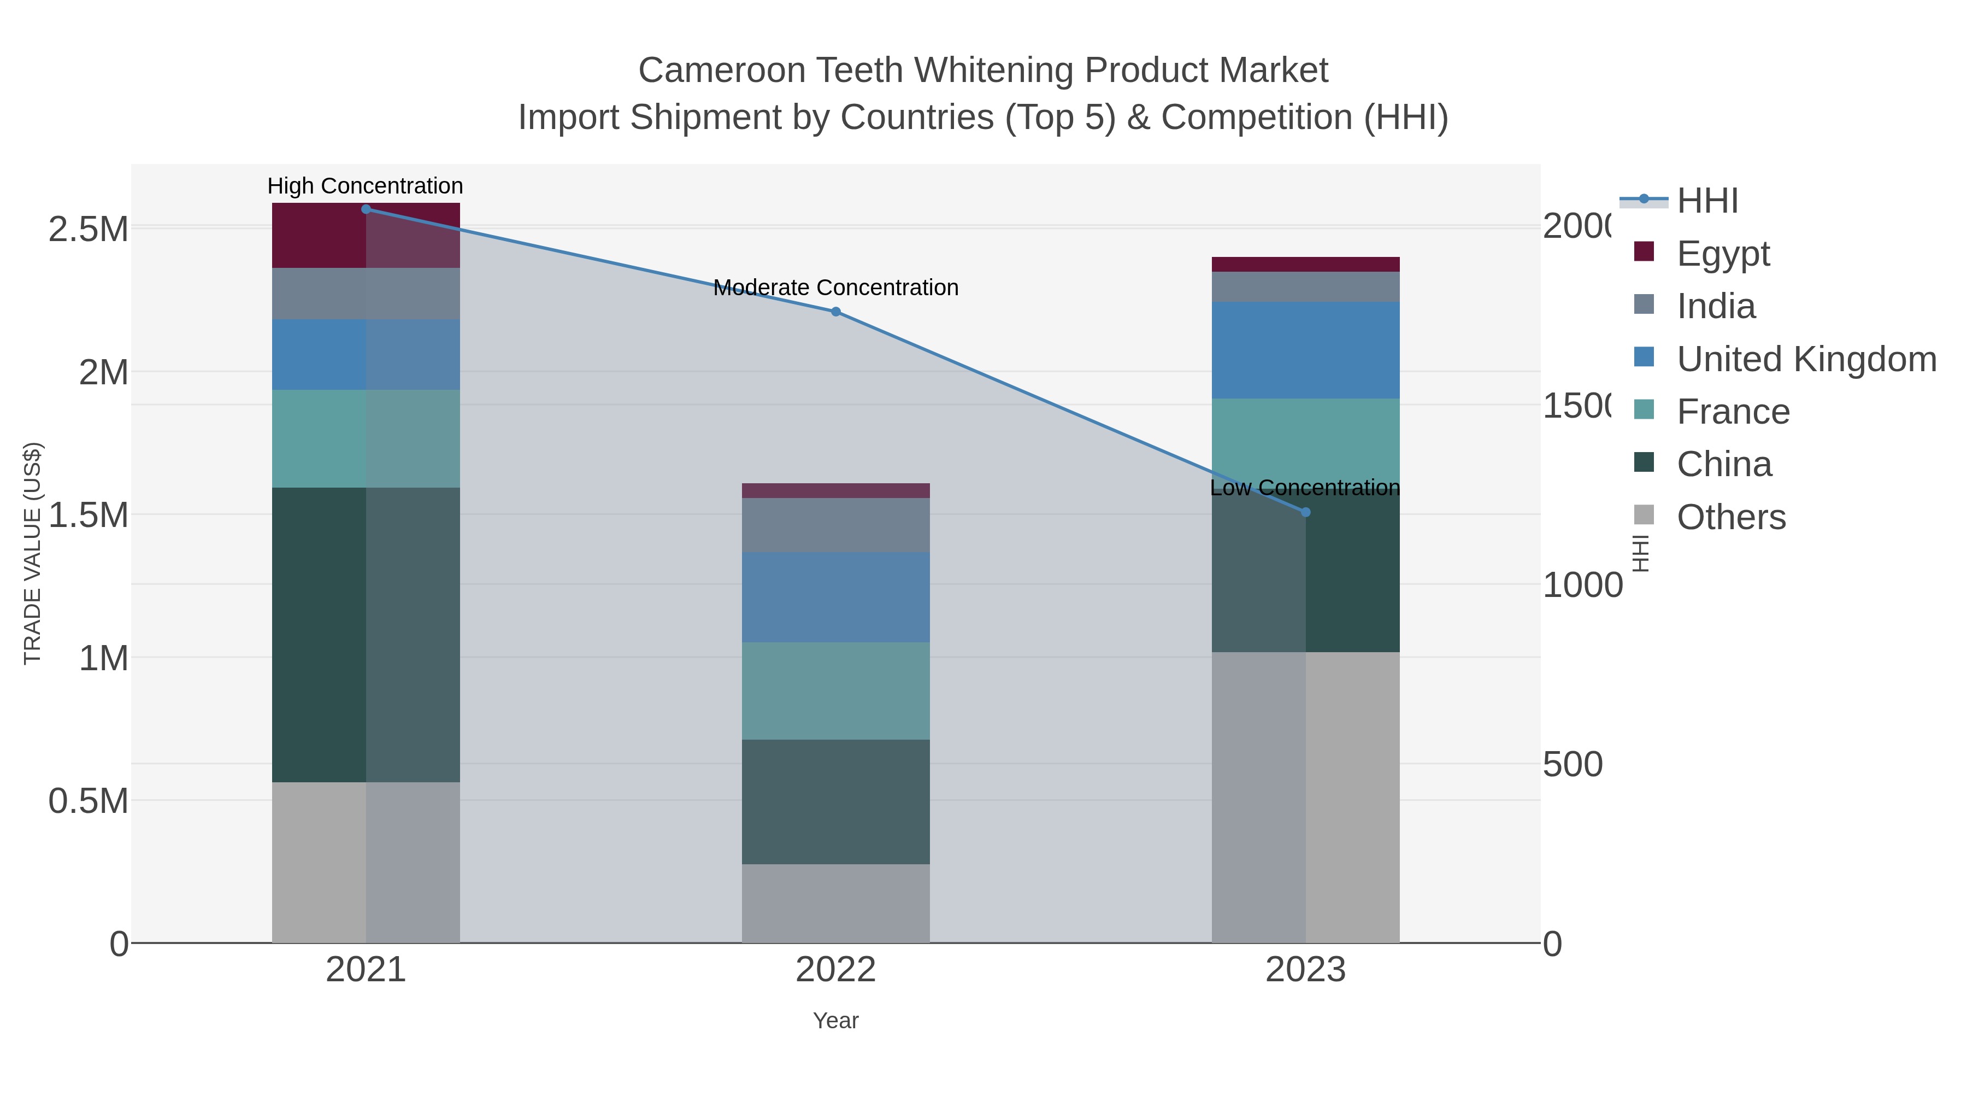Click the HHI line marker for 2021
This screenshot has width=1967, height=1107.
tap(366, 209)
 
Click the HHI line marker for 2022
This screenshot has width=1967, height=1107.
tap(835, 312)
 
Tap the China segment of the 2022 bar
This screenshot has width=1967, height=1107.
tap(835, 801)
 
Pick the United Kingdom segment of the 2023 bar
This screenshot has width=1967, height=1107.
tap(1305, 350)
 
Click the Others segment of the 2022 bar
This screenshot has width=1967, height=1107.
tap(835, 903)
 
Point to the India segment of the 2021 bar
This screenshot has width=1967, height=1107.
tap(366, 294)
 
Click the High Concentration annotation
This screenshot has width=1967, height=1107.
tap(365, 186)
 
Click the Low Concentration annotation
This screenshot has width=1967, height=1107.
tap(1304, 488)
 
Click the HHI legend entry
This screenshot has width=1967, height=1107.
tap(1707, 201)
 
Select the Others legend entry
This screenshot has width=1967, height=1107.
tap(1730, 517)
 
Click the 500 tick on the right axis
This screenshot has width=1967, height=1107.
tap(1572, 765)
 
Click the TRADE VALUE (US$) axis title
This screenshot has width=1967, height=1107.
tap(32, 553)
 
